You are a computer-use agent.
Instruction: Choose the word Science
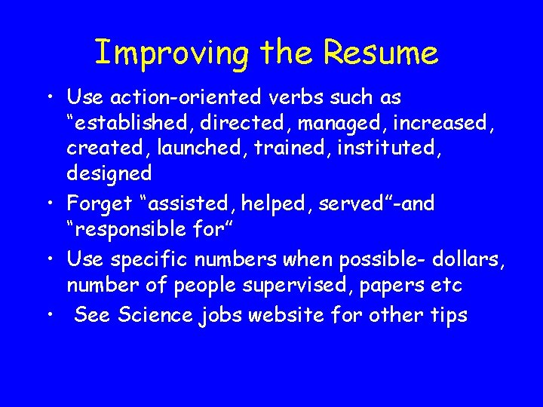[157, 315]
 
